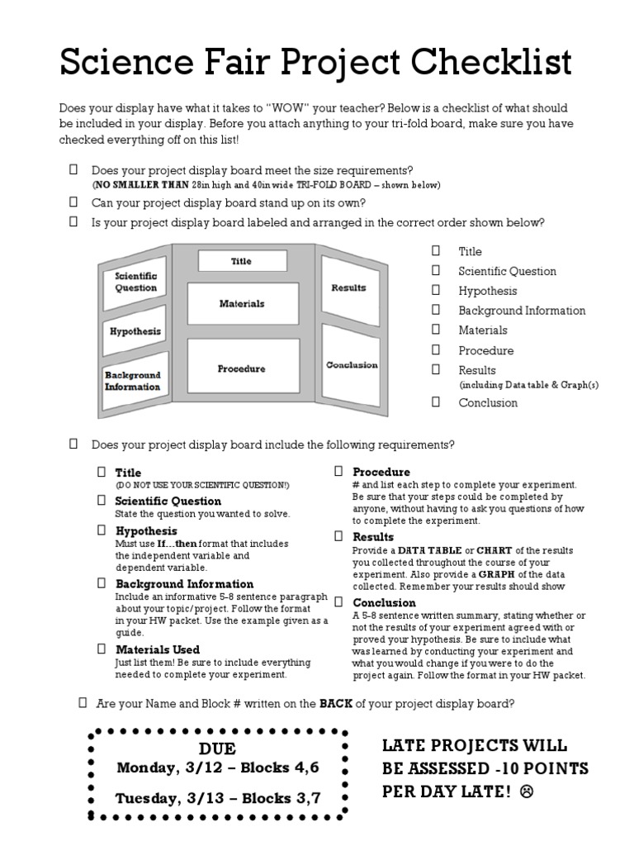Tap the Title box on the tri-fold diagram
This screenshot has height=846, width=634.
tap(242, 261)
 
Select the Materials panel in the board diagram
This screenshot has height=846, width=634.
tap(242, 303)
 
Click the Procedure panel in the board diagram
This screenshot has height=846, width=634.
tap(242, 368)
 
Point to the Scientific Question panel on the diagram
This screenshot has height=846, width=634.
tap(135, 282)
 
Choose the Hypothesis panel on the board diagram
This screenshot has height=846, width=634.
tap(135, 331)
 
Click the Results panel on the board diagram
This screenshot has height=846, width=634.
tap(348, 288)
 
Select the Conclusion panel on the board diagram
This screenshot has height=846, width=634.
tap(352, 364)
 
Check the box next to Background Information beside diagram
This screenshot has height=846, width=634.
tap(435, 310)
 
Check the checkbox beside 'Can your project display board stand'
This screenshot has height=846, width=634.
tap(73, 202)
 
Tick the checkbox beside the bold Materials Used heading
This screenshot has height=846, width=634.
tap(101, 649)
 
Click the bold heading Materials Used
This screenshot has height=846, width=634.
tap(157, 649)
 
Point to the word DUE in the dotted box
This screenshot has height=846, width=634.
tap(218, 749)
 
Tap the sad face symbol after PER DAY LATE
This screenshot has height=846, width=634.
tap(527, 791)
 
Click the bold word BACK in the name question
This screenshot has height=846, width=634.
tap(337, 704)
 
